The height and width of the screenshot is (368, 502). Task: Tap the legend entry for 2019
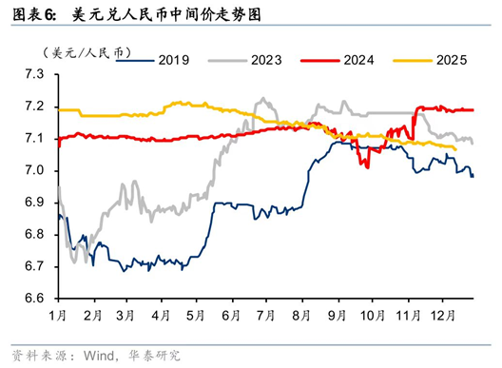click(174, 60)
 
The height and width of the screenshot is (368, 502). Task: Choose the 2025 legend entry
click(449, 60)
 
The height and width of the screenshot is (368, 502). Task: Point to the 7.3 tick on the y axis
click(34, 74)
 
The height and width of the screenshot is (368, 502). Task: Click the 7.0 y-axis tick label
click(34, 171)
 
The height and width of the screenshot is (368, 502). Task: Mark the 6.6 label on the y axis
click(34, 300)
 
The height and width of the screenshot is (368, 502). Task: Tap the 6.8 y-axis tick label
click(34, 235)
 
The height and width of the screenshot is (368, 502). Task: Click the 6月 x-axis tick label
click(229, 314)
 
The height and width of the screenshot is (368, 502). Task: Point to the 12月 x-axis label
click(440, 314)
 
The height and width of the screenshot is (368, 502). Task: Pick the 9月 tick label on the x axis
click(336, 314)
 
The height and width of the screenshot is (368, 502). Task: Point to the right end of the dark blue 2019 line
click(473, 176)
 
